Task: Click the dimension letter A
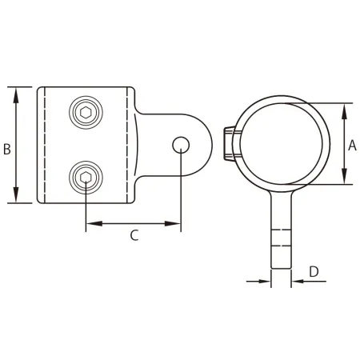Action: pyautogui.click(x=351, y=145)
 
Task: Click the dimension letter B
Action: pyautogui.click(x=6, y=149)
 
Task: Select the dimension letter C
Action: pyautogui.click(x=134, y=234)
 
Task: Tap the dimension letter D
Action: pyautogui.click(x=314, y=270)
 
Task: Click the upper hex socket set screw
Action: pyautogui.click(x=84, y=112)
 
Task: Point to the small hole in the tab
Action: pyautogui.click(x=181, y=144)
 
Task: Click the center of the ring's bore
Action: pyautogui.click(x=280, y=143)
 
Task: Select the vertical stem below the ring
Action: pyautogui.click(x=282, y=232)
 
